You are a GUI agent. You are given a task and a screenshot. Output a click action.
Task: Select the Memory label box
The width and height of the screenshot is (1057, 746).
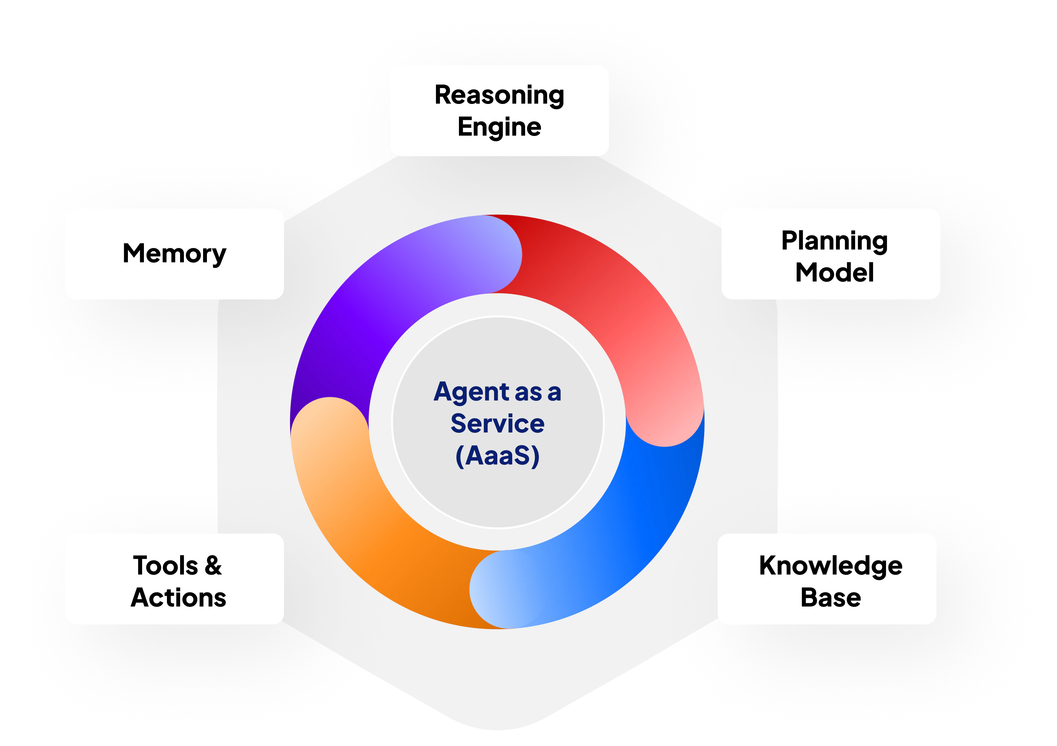point(175,254)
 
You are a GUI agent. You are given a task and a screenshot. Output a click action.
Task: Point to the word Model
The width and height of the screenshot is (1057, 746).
point(834,272)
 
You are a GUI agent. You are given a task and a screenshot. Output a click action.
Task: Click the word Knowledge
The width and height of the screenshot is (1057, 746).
point(831,566)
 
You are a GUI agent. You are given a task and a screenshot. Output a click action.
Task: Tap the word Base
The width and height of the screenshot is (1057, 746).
point(831,597)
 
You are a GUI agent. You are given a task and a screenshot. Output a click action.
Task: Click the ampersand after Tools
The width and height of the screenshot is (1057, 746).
point(213,566)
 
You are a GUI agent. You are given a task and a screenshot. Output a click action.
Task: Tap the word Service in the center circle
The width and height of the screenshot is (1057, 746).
point(497,423)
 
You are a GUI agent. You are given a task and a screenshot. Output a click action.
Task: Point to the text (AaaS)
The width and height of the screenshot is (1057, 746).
point(497,456)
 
